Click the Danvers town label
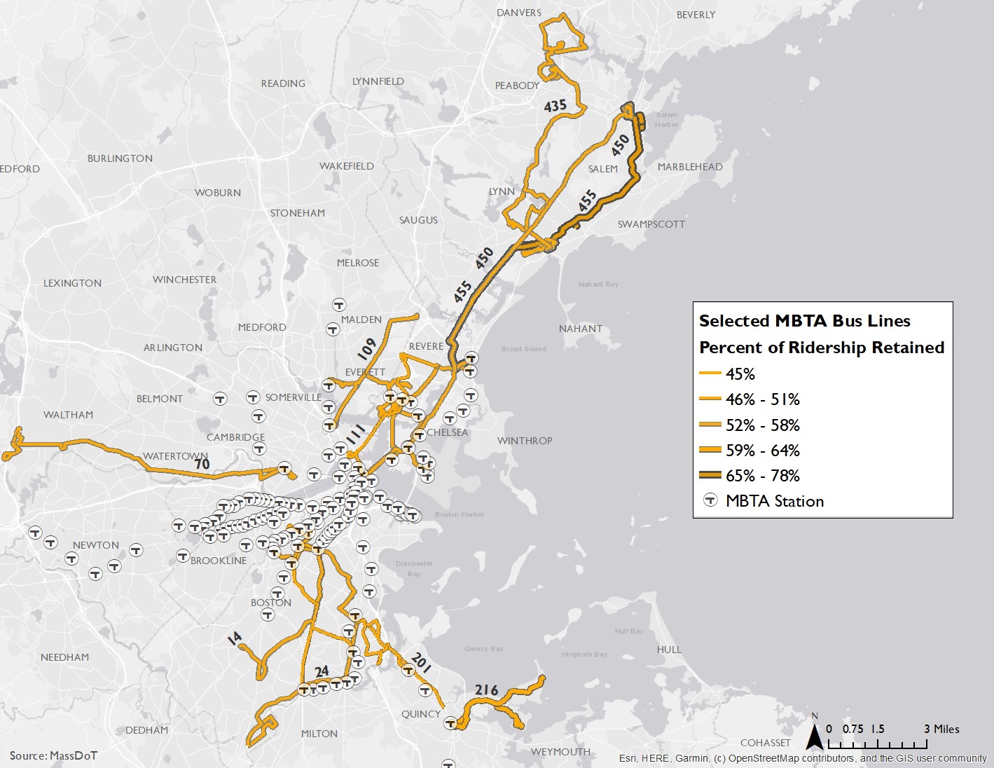[x=518, y=13]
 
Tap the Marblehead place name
[x=690, y=167]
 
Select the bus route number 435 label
[x=555, y=106]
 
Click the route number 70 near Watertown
[x=202, y=464]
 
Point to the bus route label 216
[x=486, y=690]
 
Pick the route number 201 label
[x=421, y=661]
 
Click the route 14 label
[x=235, y=637]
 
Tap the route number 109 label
[x=366, y=348]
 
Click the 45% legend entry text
[x=740, y=374]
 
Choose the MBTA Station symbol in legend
[x=711, y=500]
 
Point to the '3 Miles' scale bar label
[x=941, y=729]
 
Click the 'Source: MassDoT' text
[x=53, y=755]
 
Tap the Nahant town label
[x=581, y=329]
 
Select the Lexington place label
[x=72, y=283]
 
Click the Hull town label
[x=669, y=650]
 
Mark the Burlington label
[x=120, y=158]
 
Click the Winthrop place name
[x=525, y=441]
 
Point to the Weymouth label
[x=560, y=752]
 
